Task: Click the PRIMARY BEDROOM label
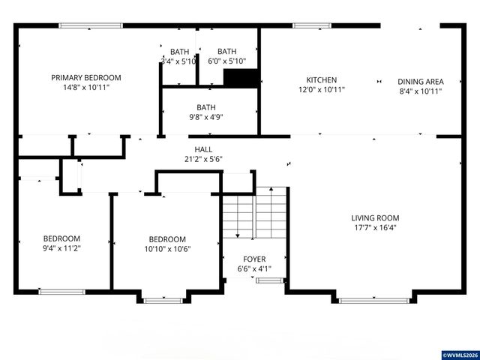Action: (85, 77)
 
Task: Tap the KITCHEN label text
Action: (321, 80)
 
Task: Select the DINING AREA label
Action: (420, 82)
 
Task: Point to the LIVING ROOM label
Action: (373, 218)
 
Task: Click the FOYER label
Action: (253, 259)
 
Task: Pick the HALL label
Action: (203, 149)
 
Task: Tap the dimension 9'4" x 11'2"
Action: (61, 249)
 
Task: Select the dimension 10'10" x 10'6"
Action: (167, 250)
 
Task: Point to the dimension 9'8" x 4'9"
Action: (205, 116)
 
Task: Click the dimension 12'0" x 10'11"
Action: (321, 90)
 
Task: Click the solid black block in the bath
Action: (241, 78)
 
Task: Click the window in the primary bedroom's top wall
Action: (85, 26)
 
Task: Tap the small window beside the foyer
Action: (265, 280)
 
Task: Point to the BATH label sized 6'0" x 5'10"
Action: (226, 52)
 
